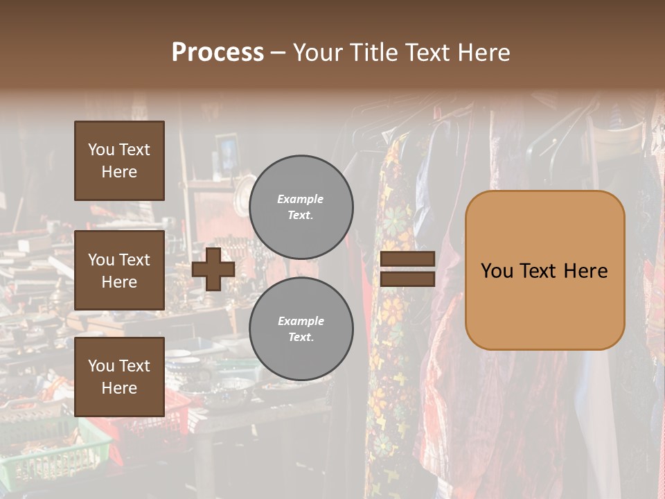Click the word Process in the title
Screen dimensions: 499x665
218,53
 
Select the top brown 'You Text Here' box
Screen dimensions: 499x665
119,161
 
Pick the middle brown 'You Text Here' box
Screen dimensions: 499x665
119,270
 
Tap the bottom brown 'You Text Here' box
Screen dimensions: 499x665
119,376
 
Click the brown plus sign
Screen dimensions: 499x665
213,270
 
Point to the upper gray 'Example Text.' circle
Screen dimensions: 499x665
301,207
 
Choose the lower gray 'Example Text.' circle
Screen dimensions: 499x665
301,329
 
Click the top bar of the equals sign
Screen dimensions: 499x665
407,259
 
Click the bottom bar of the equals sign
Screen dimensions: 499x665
407,279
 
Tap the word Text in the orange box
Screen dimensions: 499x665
542,270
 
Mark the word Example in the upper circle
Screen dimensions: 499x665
301,199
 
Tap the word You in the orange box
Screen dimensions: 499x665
497,270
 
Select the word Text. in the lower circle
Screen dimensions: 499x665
301,338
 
